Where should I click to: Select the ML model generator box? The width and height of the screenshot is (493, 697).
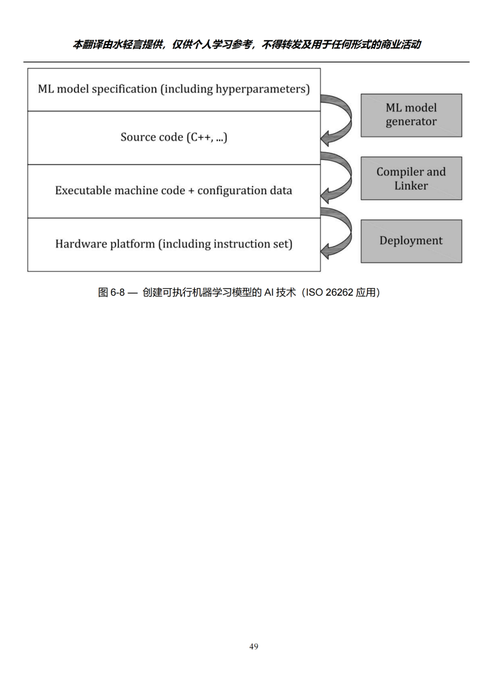(411, 115)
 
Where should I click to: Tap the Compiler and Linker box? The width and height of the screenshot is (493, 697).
(411, 178)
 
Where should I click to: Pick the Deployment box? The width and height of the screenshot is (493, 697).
(411, 241)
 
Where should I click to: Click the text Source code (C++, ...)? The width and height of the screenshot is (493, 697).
(174, 137)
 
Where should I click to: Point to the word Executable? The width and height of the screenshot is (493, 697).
(82, 190)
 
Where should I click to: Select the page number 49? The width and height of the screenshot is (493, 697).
(254, 647)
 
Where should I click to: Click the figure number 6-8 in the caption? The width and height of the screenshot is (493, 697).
(117, 293)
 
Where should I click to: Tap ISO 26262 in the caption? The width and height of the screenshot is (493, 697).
(330, 293)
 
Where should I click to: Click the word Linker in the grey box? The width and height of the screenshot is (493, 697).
(411, 186)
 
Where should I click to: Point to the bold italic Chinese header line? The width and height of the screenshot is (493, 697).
(246, 44)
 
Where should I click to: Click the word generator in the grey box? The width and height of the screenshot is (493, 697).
(411, 122)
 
